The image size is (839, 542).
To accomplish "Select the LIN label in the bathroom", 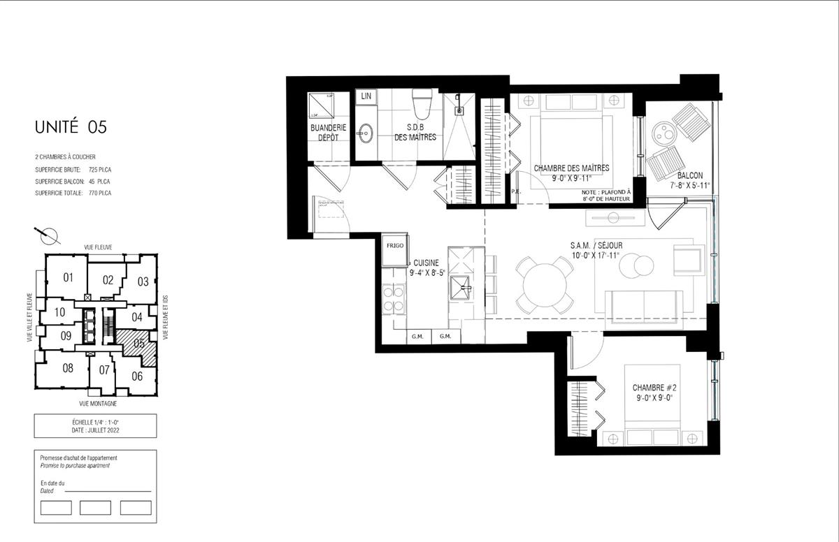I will (x=366, y=96).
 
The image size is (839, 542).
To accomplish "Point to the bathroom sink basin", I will (x=366, y=132).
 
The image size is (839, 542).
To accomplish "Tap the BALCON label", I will (x=690, y=175).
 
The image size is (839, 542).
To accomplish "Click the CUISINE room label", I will (x=426, y=263).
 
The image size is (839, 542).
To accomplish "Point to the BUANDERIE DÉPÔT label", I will (x=328, y=133).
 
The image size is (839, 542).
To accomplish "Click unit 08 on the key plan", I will (x=68, y=367).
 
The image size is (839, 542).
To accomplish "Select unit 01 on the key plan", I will (x=69, y=277).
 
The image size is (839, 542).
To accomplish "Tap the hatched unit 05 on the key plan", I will (x=139, y=343).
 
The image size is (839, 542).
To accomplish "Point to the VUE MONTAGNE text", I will (x=98, y=404).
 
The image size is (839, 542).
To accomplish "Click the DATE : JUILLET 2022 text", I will (x=95, y=430).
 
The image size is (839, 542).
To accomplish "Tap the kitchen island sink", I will (x=461, y=284).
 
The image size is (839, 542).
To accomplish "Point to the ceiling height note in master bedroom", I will (x=605, y=196).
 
